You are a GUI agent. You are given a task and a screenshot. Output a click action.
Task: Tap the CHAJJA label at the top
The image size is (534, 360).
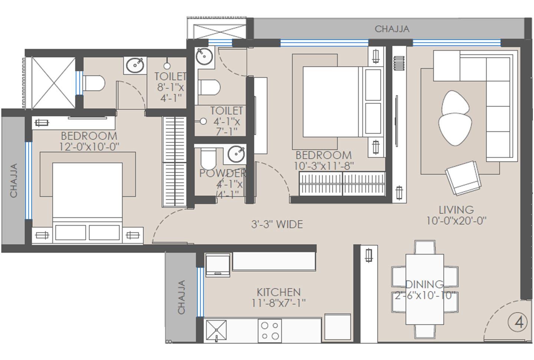[x=392, y=29]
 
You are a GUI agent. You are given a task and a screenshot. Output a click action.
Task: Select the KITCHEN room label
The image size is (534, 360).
[x=278, y=292]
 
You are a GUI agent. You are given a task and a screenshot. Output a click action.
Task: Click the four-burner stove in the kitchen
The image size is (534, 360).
[x=270, y=330]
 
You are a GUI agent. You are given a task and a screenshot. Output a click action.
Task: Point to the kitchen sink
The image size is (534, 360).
[x=216, y=330]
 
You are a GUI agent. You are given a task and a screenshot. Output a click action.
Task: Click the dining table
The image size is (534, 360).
[x=425, y=289]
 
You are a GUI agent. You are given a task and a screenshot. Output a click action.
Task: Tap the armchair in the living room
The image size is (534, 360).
[x=463, y=177]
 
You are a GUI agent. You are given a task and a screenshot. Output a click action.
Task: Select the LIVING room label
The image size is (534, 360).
[x=456, y=210]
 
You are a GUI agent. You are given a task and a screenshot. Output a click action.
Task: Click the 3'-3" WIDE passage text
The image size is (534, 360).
[x=277, y=224]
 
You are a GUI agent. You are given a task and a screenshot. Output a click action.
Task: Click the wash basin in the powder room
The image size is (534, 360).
[x=236, y=154]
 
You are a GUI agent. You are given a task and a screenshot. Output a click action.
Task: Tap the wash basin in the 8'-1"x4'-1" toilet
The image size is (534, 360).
[x=135, y=66]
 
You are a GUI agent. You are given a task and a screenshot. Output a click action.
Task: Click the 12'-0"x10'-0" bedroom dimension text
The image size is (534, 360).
[x=89, y=147]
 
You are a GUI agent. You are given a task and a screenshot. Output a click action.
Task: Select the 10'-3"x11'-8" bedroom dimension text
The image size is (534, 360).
[x=324, y=166]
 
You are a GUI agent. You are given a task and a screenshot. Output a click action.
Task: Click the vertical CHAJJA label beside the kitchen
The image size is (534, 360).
[x=181, y=297]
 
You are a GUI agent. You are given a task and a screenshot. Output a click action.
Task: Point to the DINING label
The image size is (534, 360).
[x=424, y=284]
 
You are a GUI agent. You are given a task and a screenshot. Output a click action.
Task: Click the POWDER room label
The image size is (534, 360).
[x=222, y=173]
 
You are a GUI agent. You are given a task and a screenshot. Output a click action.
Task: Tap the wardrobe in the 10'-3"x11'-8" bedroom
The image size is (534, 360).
[x=342, y=183]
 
